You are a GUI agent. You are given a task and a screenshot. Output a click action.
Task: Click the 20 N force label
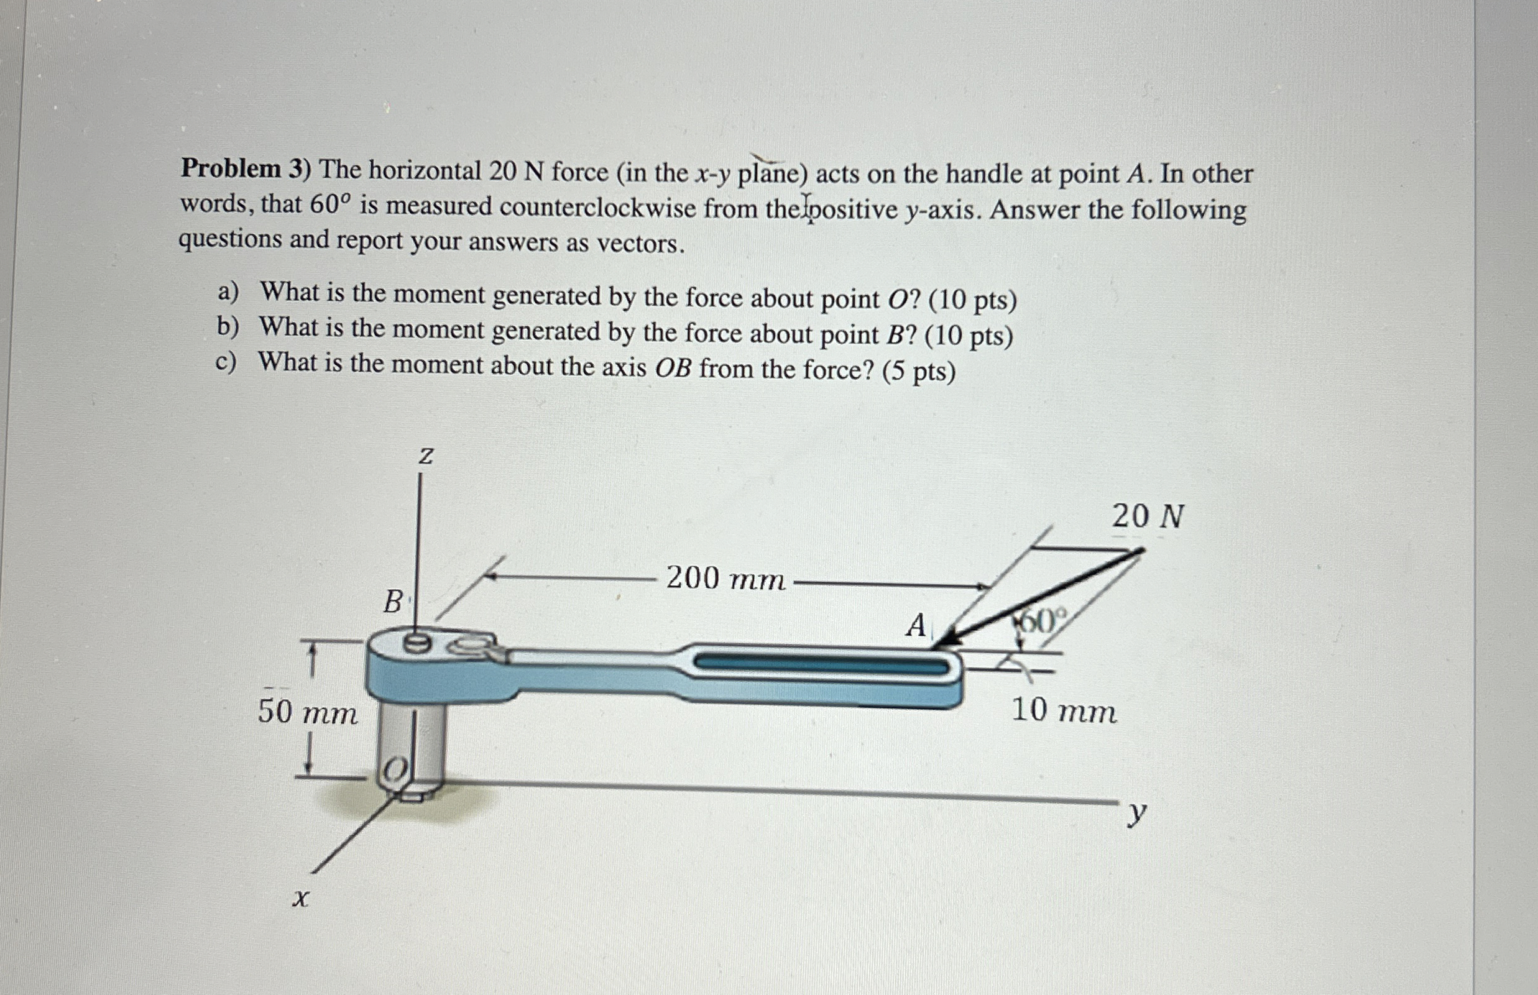pos(1148,517)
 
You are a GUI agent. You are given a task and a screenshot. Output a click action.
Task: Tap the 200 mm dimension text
pos(725,578)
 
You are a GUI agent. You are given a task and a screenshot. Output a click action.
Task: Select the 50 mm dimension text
pos(307,713)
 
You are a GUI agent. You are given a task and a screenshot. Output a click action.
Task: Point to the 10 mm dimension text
pos(1064,711)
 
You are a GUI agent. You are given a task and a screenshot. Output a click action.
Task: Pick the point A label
pos(915,625)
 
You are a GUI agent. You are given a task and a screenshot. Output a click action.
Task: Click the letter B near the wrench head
pos(393,602)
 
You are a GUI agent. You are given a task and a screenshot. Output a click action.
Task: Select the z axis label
pos(425,457)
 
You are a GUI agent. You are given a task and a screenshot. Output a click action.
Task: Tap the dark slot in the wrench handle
pos(821,664)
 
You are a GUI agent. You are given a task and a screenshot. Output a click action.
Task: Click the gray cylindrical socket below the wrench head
pos(411,743)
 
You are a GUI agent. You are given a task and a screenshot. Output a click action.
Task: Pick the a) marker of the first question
pos(228,293)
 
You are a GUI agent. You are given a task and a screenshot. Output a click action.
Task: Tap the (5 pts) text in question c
pos(918,372)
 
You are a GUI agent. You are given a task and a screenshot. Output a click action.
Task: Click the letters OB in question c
pos(673,369)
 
